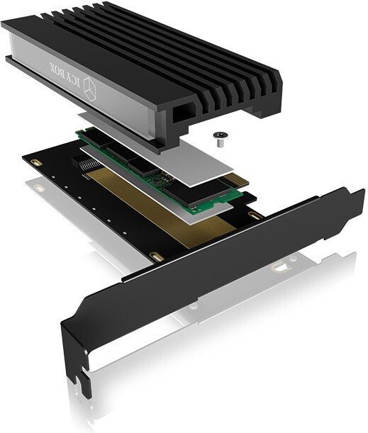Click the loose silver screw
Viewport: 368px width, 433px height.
[x=219, y=139]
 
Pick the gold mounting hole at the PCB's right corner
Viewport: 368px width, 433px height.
[x=252, y=215]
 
